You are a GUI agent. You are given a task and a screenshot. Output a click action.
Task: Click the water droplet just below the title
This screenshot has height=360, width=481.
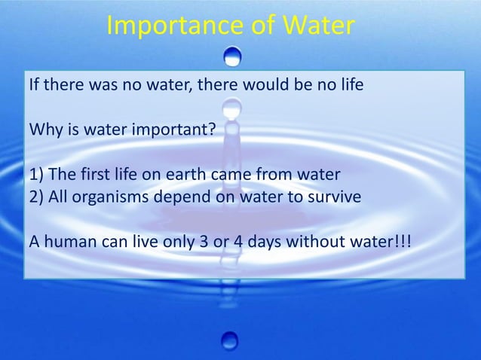tap(234, 56)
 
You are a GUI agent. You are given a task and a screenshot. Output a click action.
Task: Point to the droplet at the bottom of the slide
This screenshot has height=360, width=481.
tap(231, 340)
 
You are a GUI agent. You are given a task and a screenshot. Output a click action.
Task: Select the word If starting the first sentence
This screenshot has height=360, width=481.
tap(34, 84)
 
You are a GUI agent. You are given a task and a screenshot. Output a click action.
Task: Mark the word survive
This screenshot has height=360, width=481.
tap(337, 197)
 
